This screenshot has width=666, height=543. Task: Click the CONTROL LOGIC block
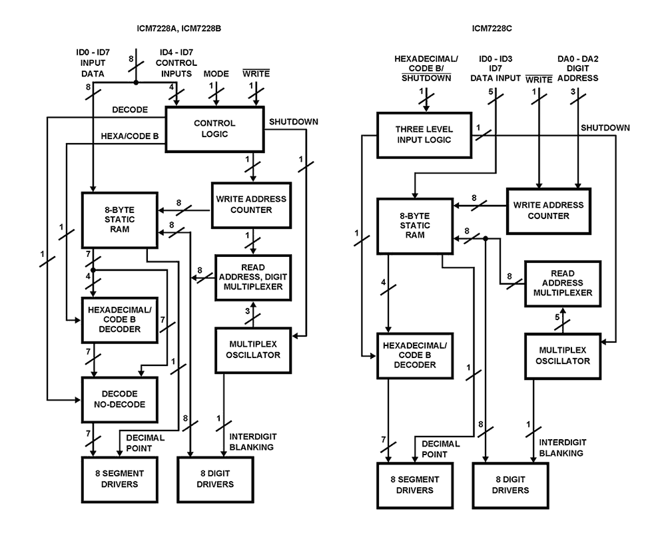214,129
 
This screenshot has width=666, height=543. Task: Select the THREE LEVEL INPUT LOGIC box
424,134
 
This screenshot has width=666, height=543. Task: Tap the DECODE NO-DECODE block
120,399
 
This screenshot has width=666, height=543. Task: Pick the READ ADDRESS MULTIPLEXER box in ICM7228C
563,283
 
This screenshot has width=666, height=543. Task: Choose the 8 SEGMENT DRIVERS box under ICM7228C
415,484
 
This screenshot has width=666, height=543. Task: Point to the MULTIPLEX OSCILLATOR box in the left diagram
254,349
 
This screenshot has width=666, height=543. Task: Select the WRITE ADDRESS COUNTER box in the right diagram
549,210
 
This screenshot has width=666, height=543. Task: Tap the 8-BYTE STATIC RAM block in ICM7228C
414,226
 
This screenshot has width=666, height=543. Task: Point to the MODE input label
216,74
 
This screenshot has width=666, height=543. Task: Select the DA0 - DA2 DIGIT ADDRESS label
577,68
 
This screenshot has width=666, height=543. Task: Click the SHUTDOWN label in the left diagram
294,122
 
